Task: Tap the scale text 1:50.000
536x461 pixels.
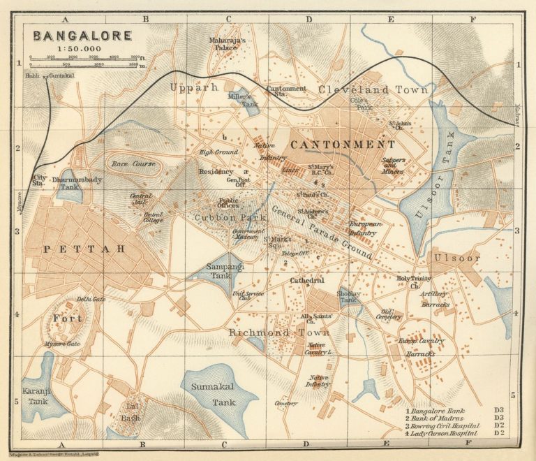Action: [80, 49]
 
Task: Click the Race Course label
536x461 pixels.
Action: [133, 164]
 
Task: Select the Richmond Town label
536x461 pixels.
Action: [269, 332]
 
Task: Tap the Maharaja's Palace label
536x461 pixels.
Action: [228, 44]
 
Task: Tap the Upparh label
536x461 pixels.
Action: [185, 87]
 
